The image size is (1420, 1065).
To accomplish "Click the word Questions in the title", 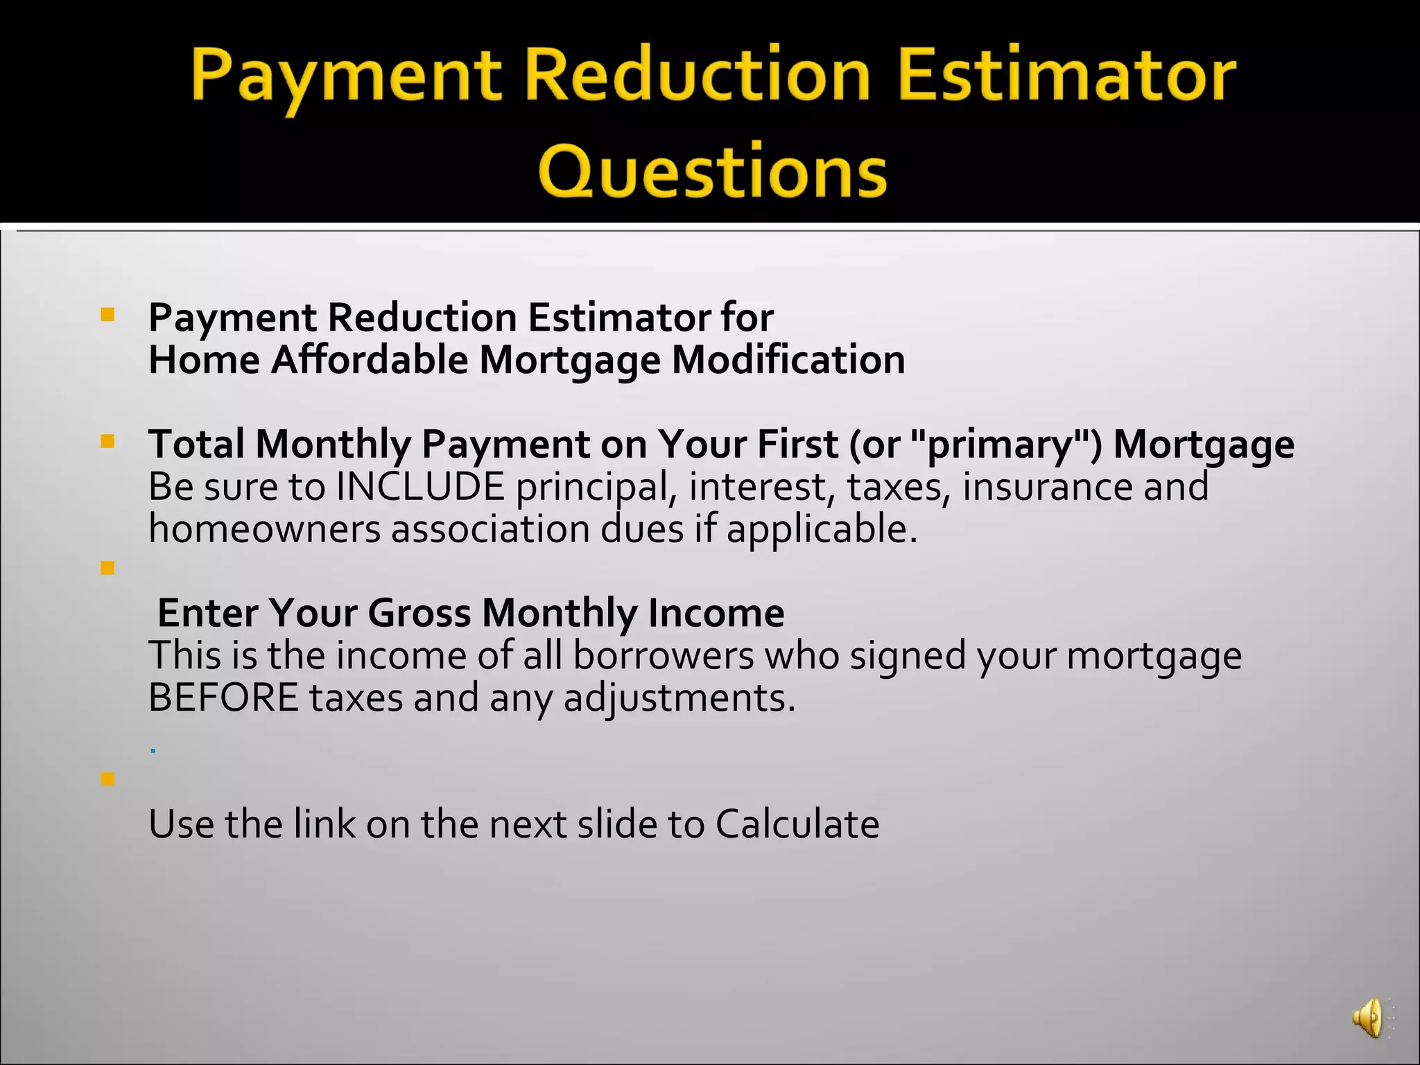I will (x=712, y=171).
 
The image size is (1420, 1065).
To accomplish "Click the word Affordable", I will (x=370, y=360).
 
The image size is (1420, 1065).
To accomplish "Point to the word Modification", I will (x=788, y=360).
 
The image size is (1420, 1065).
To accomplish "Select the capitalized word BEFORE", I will (x=223, y=698).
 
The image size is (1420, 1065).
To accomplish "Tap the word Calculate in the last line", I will (x=797, y=824).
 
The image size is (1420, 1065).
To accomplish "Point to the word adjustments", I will (x=679, y=699).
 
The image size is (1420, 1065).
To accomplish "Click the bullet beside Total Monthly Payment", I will (x=107, y=441).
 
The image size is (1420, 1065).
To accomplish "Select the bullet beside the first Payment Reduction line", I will (x=107, y=315).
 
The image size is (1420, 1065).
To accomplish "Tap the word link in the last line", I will (x=324, y=824).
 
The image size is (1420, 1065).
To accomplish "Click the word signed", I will (x=908, y=657).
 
